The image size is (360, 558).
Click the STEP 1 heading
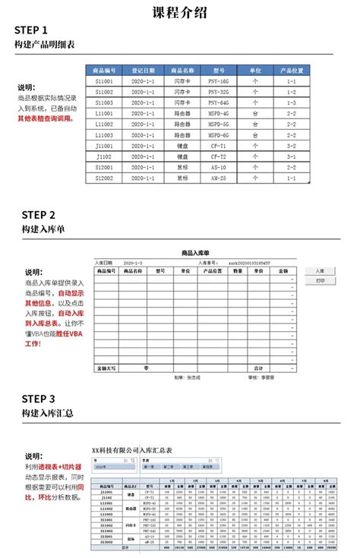tap(36, 30)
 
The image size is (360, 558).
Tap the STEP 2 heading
tap(38, 215)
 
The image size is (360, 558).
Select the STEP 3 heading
tap(38, 399)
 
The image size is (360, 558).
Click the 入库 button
tap(320, 270)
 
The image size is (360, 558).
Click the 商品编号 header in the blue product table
tap(104, 70)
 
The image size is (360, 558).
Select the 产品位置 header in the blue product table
tap(291, 70)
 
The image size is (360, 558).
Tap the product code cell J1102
tap(104, 156)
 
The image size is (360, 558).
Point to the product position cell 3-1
tap(291, 156)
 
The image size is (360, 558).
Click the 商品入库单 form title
tap(195, 252)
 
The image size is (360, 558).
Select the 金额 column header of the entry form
tap(282, 270)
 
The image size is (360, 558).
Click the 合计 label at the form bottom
tap(258, 368)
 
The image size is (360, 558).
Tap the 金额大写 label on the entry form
tap(106, 368)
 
